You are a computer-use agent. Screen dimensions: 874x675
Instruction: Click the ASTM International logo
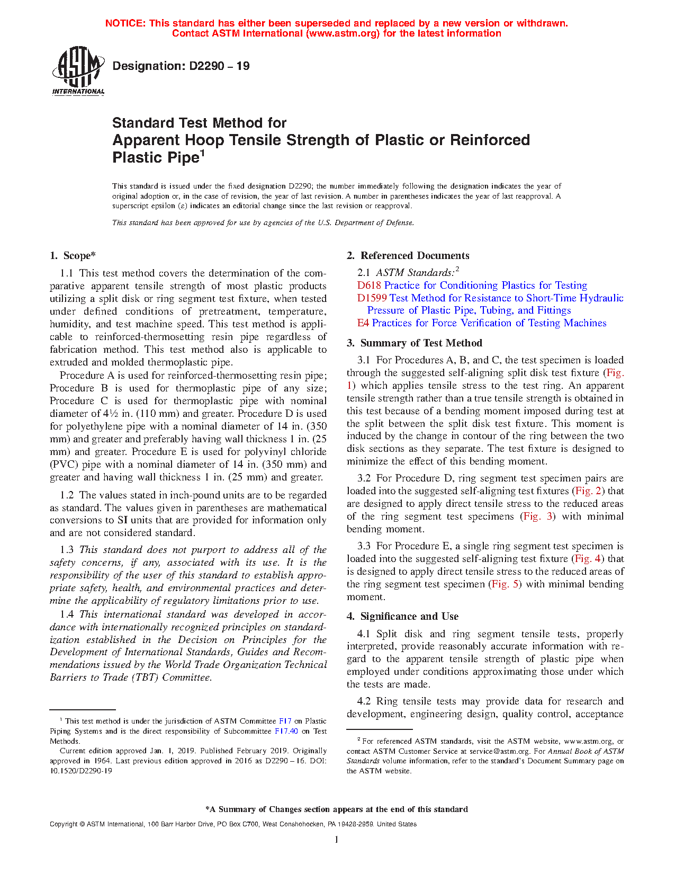78,70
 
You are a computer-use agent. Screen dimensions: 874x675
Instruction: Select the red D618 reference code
369,286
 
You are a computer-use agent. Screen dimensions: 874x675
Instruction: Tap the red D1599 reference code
372,298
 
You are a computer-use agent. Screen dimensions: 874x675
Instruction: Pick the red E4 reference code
363,323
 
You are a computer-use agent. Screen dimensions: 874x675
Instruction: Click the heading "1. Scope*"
73,256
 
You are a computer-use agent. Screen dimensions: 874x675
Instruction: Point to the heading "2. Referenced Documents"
408,256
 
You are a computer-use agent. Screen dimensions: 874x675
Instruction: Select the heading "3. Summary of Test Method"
414,343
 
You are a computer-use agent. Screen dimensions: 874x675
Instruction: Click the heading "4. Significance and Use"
402,617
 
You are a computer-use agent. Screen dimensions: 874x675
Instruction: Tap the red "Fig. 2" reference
588,491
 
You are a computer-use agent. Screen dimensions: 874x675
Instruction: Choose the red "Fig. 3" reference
538,516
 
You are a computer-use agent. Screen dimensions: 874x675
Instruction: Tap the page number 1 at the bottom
337,840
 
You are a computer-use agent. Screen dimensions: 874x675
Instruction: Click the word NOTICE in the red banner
125,23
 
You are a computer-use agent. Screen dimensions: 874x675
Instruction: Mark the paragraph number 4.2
364,701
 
